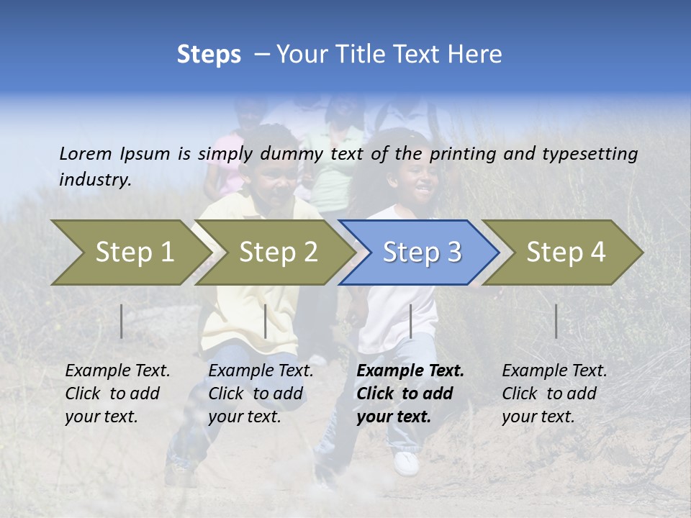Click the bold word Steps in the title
click(x=209, y=55)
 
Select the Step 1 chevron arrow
click(x=130, y=253)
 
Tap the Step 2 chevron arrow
click(x=274, y=253)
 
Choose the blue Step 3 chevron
click(x=418, y=253)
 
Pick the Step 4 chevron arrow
click(x=562, y=253)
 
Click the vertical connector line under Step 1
click(x=122, y=321)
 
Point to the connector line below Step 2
click(x=266, y=321)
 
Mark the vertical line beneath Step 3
click(x=410, y=321)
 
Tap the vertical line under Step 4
click(x=556, y=321)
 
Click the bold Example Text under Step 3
click(x=410, y=371)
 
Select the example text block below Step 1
click(x=117, y=394)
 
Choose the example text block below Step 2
click(x=261, y=394)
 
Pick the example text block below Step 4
click(x=554, y=394)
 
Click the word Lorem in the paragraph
click(x=86, y=153)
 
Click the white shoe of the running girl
click(x=407, y=463)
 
